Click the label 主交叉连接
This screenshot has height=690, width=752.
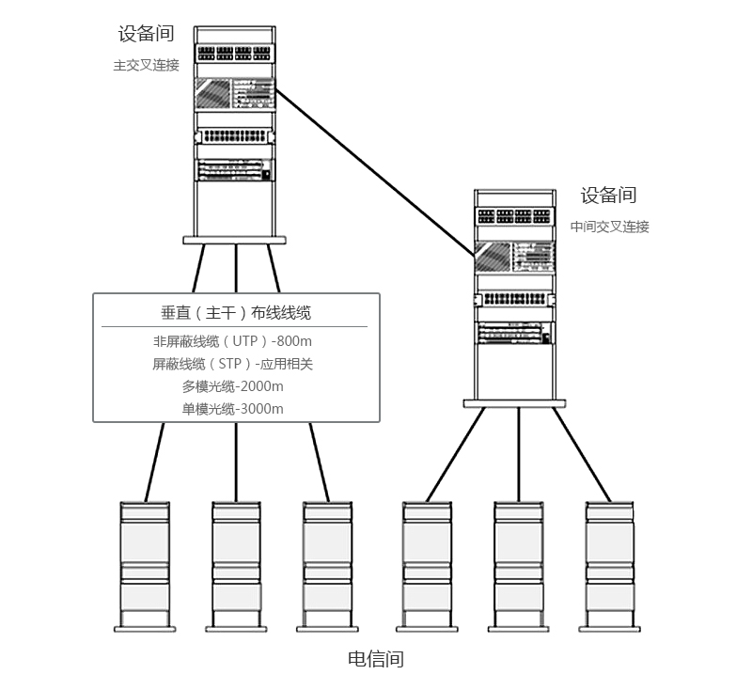coord(146,66)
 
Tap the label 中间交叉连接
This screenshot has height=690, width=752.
coord(609,227)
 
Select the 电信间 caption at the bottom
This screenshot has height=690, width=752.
coord(376,659)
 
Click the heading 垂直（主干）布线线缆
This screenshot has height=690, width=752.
coord(236,313)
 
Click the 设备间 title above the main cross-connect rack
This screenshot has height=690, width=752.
coord(146,34)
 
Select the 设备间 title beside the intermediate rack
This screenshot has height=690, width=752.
coord(608,196)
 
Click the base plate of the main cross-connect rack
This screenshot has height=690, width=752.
coord(234,240)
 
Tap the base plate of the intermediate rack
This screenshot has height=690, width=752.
coord(514,403)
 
